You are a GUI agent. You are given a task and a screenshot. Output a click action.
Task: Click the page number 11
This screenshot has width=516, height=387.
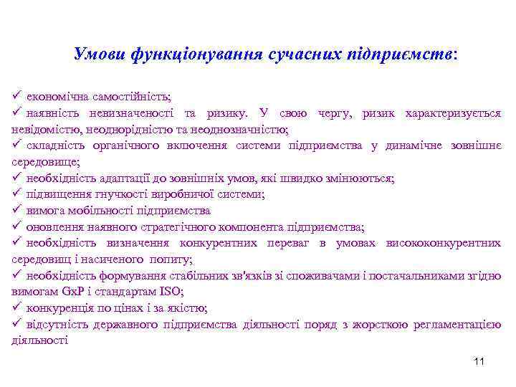click(x=479, y=361)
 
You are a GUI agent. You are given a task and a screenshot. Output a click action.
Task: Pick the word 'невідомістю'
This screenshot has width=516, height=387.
click(x=43, y=130)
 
